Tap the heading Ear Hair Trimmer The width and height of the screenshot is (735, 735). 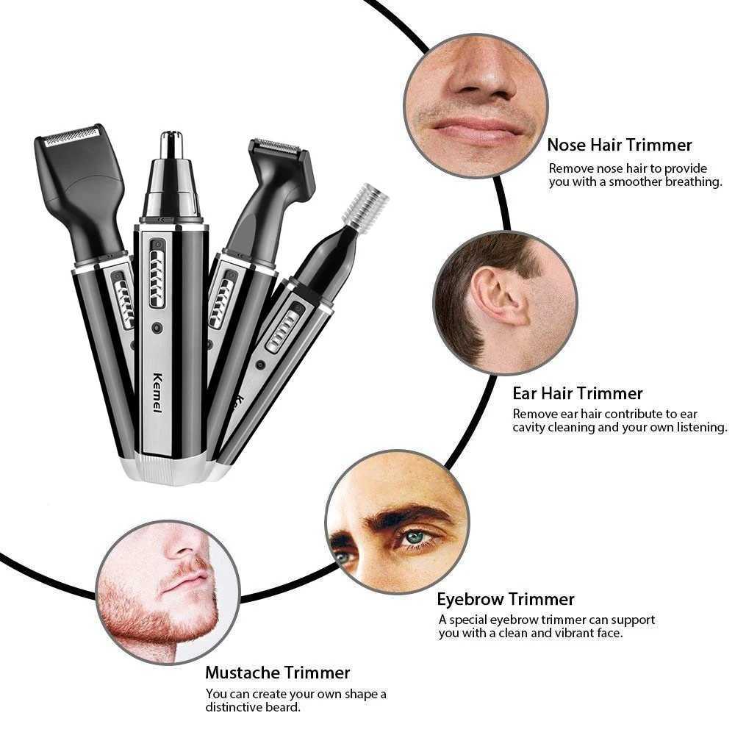pos(578,393)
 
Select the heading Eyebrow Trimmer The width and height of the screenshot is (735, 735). pos(506,599)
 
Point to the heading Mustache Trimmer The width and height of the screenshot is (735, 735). pos(277,673)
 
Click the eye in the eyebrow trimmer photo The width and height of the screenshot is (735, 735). pos(415,537)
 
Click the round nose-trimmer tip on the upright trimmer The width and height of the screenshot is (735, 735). pos(171,143)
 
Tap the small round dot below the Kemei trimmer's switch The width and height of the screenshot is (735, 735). pos(157,326)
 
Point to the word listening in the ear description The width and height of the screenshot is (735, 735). pos(698,428)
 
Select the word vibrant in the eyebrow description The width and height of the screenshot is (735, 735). pos(562,634)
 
